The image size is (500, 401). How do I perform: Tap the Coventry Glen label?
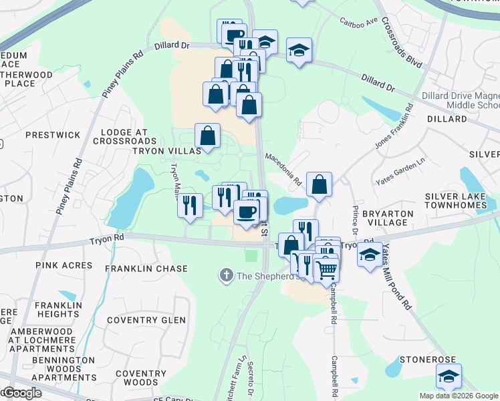tap(154, 320)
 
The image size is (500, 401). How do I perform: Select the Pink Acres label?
tap(64, 265)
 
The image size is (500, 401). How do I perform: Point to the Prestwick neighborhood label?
tap(53, 134)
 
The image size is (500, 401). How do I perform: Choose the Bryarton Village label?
tap(388, 217)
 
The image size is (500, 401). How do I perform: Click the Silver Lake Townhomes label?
tap(462, 200)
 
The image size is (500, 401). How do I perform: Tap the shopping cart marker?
tap(326, 269)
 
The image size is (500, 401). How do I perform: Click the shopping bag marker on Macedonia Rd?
tap(320, 184)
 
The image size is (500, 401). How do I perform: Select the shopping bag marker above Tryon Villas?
tap(208, 136)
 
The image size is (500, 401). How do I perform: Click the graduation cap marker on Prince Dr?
tap(370, 255)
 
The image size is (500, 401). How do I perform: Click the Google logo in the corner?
tap(21, 392)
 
